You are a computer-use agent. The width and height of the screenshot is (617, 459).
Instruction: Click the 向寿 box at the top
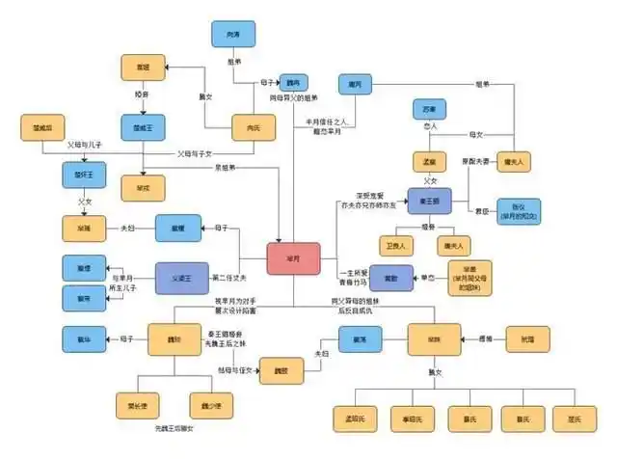tap(232, 35)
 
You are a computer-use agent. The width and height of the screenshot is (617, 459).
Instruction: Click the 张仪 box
tap(519, 210)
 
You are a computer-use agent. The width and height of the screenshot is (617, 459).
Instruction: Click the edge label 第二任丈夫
tap(235, 277)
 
